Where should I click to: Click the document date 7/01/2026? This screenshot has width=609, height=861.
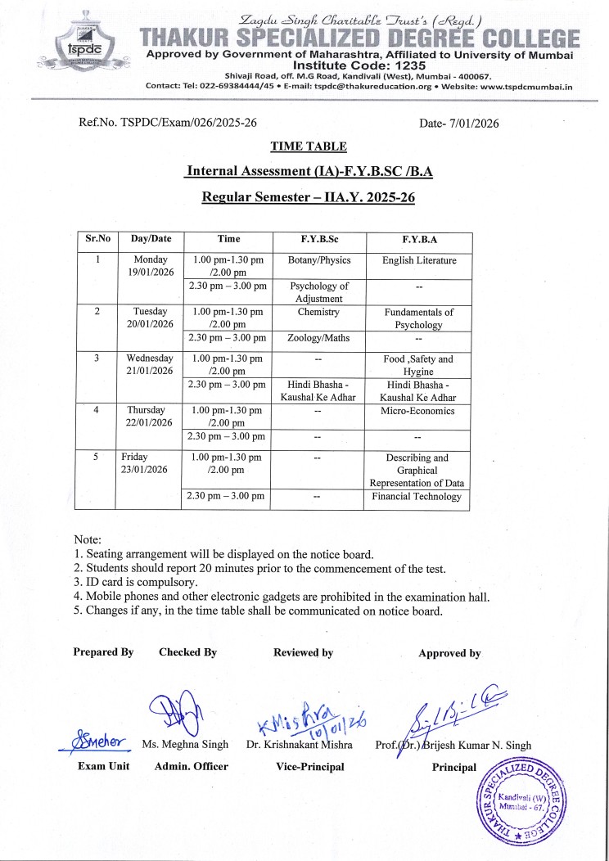coord(471,123)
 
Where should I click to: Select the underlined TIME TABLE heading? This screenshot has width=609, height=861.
coord(309,147)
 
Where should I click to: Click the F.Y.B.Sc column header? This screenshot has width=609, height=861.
coord(318,239)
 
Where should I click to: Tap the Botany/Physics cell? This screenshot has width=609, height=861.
coord(318,260)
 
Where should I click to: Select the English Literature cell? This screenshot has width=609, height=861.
coord(419,260)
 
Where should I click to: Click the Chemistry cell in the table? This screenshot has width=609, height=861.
coord(318,312)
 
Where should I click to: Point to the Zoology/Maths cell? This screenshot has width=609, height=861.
coord(318,337)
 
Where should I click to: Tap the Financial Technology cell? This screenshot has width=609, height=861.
coord(417,496)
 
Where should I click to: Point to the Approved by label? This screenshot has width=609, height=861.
coord(449,653)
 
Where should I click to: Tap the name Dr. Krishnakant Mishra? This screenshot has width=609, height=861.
coord(300,746)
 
